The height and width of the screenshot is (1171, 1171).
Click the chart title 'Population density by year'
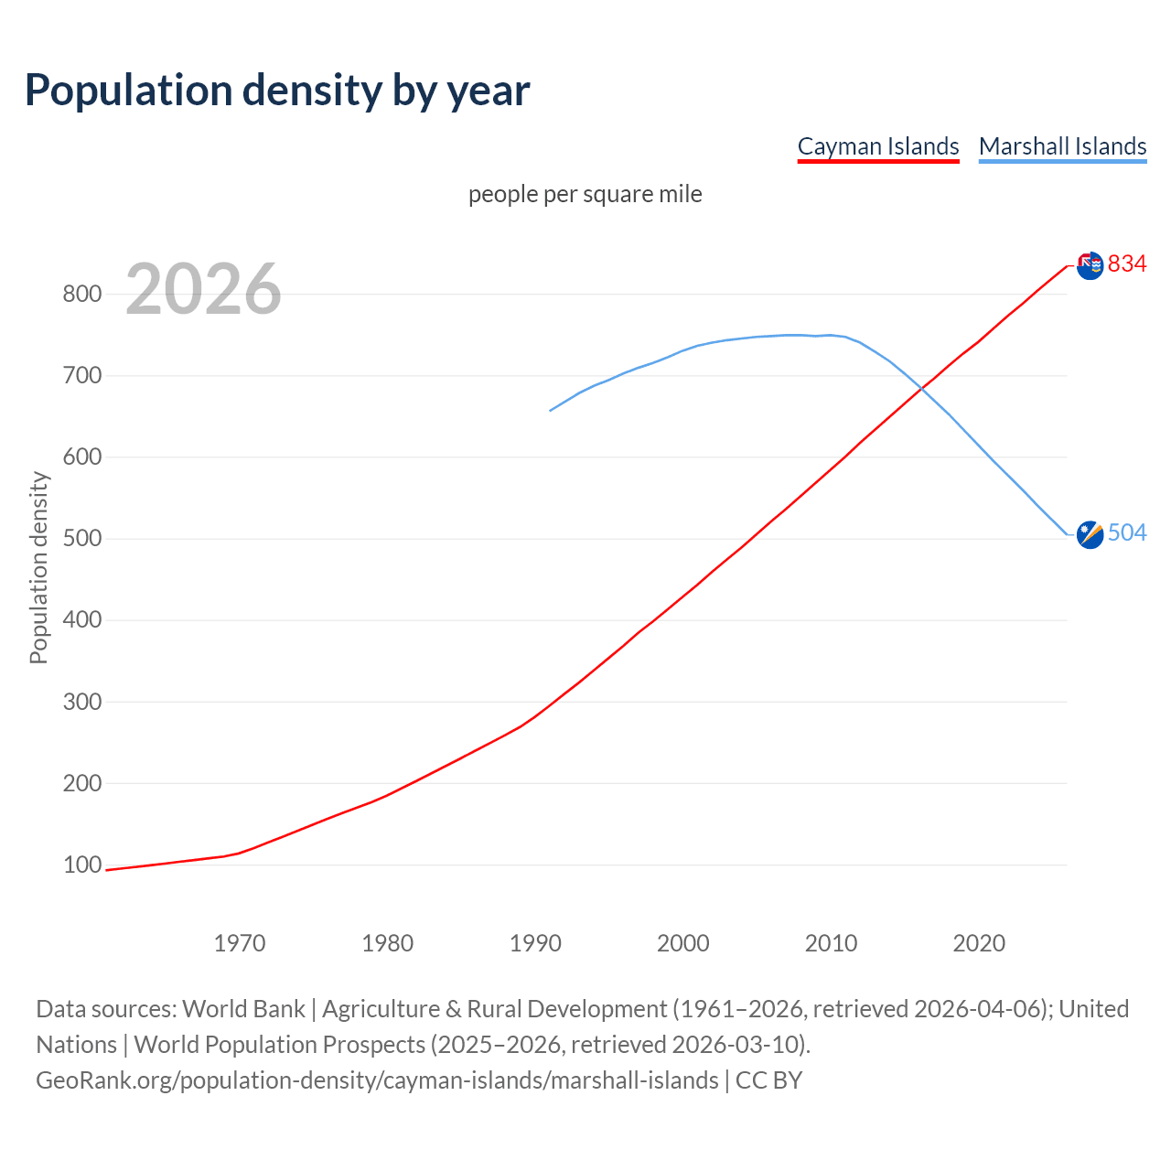point(277,90)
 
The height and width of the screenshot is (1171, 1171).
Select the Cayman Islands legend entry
point(878,146)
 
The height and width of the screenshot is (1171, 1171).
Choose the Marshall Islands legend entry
point(1062,146)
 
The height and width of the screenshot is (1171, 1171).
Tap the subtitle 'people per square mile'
point(585,194)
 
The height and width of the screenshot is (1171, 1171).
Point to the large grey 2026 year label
point(203,289)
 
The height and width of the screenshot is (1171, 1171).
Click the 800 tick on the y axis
point(81,294)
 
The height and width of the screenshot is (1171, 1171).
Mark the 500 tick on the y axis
point(81,538)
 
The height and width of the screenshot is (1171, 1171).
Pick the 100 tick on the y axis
point(81,865)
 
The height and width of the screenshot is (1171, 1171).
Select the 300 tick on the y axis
point(81,702)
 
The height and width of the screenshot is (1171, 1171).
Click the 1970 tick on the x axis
point(240,942)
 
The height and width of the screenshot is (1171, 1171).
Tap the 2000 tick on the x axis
point(683,942)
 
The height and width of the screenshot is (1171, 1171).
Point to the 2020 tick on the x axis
point(979,942)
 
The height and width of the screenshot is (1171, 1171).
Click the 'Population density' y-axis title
point(38,567)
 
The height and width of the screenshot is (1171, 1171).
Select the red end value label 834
point(1127,263)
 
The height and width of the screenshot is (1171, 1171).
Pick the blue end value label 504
point(1127,532)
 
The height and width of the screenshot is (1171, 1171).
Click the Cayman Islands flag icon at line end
point(1090,265)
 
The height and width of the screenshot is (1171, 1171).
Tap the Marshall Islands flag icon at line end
point(1090,534)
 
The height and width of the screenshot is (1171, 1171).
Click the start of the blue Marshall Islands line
point(550,410)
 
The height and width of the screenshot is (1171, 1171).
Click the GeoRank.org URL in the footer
point(377,1080)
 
